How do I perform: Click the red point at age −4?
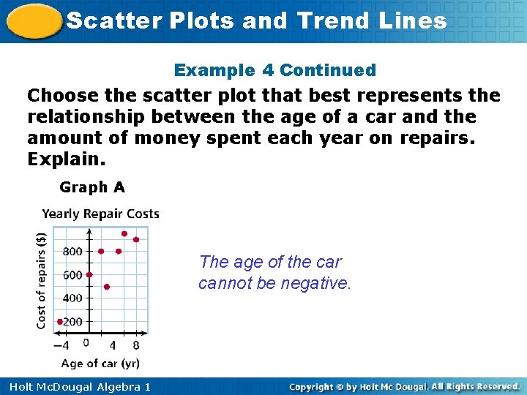click(60, 321)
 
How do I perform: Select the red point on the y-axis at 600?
click(89, 275)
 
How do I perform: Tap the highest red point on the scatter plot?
click(124, 234)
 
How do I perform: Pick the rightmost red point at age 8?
click(136, 240)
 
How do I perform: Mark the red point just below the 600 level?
click(107, 287)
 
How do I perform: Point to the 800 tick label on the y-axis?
click(72, 252)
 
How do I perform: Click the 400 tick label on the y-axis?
click(72, 298)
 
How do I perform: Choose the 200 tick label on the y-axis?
click(72, 322)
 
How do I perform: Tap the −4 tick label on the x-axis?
click(61, 345)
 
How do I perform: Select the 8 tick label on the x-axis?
click(136, 345)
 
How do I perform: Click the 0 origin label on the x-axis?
click(86, 342)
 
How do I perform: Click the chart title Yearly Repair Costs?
click(100, 214)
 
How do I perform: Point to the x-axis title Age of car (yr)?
click(100, 363)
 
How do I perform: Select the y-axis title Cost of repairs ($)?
click(42, 280)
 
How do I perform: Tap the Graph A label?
click(92, 187)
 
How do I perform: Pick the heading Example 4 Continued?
click(274, 70)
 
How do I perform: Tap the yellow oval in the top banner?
click(33, 22)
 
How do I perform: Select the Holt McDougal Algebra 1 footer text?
click(76, 386)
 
